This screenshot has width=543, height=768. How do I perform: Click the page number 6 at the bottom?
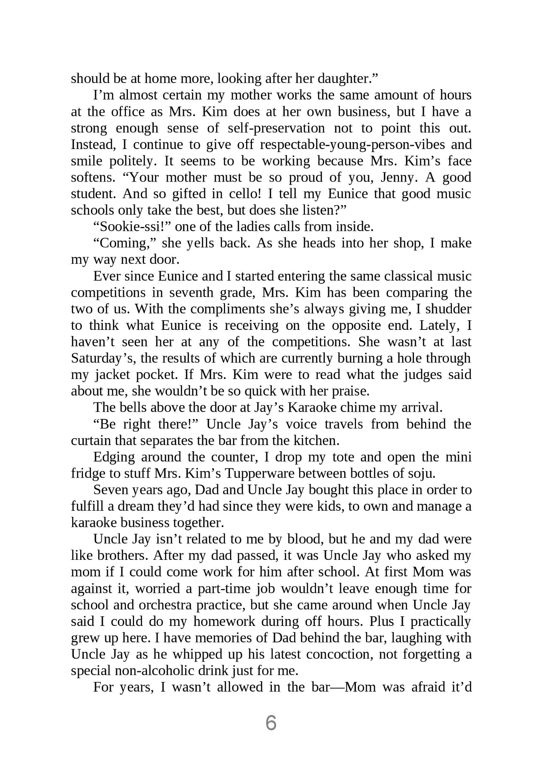(x=271, y=723)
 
